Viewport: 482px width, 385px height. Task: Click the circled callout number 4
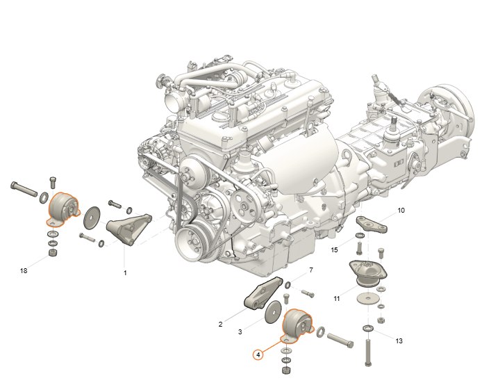pos(258,354)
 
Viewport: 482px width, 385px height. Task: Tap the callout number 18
pos(24,271)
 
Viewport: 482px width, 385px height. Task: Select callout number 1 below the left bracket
pos(125,272)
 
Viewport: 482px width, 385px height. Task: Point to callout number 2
pos(220,324)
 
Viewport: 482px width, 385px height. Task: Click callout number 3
pos(240,331)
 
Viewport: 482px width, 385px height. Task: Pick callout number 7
pos(311,270)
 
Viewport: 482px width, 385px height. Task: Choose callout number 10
pos(401,211)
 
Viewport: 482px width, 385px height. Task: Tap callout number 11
pos(337,299)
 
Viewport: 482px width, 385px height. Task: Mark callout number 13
pos(399,341)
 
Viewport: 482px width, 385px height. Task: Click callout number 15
pos(334,249)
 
